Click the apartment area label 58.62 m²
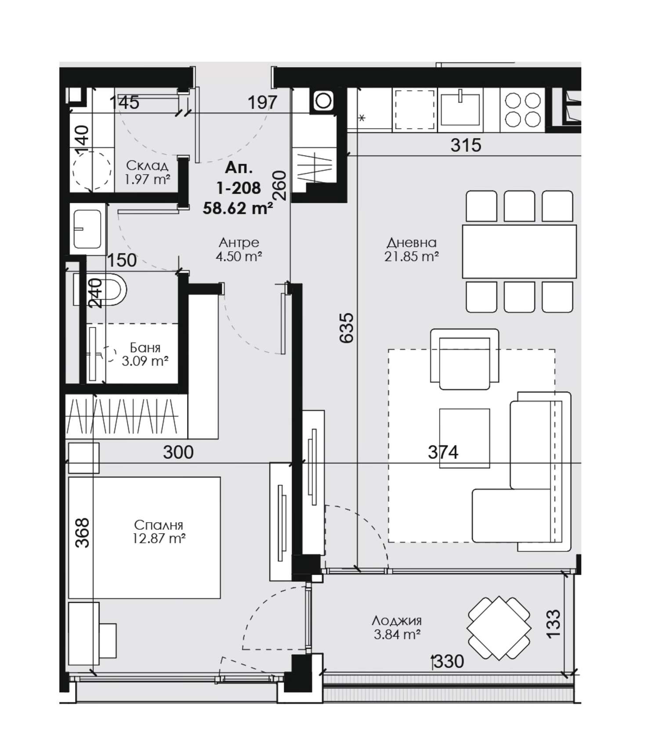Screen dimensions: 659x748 click(237, 208)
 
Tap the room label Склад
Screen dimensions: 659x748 click(147, 166)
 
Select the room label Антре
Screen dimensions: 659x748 click(239, 242)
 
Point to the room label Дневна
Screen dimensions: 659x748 click(412, 242)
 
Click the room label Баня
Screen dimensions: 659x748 click(145, 348)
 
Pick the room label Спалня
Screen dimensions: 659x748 click(159, 525)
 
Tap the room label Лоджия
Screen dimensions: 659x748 click(397, 621)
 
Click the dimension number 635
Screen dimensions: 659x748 click(347, 328)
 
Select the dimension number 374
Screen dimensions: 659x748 click(443, 452)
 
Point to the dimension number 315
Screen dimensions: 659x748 click(466, 145)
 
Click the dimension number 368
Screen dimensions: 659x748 click(82, 533)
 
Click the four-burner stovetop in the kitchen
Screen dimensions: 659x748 click(522, 109)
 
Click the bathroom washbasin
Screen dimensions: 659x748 click(88, 229)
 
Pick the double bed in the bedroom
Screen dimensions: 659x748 click(144, 538)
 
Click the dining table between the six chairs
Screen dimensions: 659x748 click(519, 252)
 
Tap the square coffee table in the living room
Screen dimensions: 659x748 click(465, 438)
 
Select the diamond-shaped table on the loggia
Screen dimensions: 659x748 click(499, 628)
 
